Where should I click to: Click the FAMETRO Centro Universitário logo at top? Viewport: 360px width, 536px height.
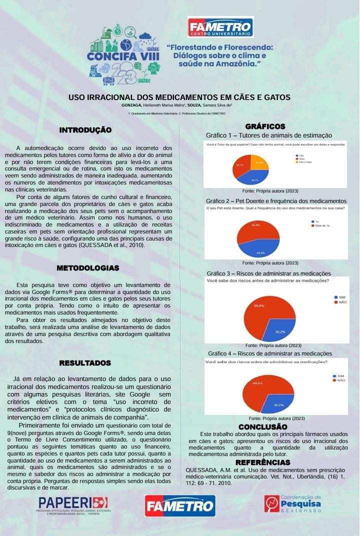pos(220,27)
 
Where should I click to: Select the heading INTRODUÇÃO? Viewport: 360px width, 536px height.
pos(85,130)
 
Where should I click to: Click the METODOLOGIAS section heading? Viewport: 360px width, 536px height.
pos(87,268)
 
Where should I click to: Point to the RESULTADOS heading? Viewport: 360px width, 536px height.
pos(85,362)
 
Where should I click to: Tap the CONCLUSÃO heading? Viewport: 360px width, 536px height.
pos(262,426)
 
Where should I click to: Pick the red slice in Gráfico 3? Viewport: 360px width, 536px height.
pos(262,315)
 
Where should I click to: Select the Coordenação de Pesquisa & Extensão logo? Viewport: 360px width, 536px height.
pos(293,504)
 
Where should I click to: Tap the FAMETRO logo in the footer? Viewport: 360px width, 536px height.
pos(180,505)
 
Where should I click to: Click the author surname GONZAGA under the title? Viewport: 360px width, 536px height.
pos(131,105)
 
